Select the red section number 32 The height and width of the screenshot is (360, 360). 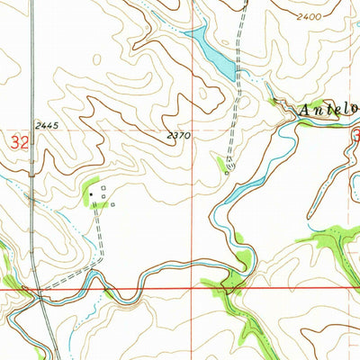pyautogui.click(x=17, y=142)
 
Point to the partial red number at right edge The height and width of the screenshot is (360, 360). pyautogui.click(x=355, y=135)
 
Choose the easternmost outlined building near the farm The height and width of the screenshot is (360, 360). pyautogui.click(x=112, y=203)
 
